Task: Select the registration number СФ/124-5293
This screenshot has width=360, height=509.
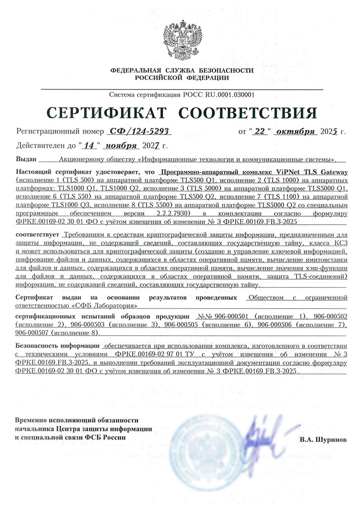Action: click(x=139, y=131)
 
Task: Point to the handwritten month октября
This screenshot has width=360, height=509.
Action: click(x=295, y=131)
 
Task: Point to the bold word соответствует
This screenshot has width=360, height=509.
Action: click(x=38, y=234)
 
